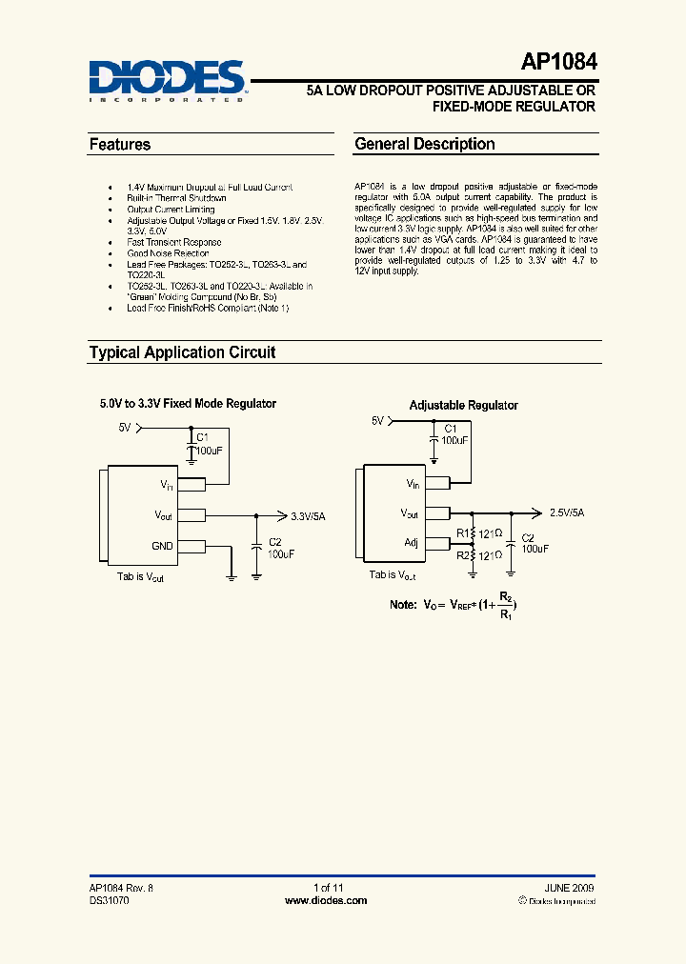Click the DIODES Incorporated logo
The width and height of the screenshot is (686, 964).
168,80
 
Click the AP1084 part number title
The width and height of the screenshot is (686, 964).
559,63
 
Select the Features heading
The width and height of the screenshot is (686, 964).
120,145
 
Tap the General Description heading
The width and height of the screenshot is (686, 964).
425,145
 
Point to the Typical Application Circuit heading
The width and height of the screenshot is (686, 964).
182,352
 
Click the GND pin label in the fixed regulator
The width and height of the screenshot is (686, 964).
162,547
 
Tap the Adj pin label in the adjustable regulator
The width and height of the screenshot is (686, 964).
412,542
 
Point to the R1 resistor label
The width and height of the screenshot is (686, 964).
463,533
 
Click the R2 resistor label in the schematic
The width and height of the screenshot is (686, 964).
463,554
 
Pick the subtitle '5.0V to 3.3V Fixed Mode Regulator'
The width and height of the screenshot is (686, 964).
189,404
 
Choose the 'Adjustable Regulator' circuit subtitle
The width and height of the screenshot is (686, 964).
464,405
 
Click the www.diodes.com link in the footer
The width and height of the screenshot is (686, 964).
326,900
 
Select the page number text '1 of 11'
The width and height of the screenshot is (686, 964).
327,888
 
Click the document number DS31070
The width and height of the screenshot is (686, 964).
110,900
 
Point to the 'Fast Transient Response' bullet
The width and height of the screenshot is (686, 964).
174,243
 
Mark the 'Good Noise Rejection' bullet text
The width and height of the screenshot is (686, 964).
168,253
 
